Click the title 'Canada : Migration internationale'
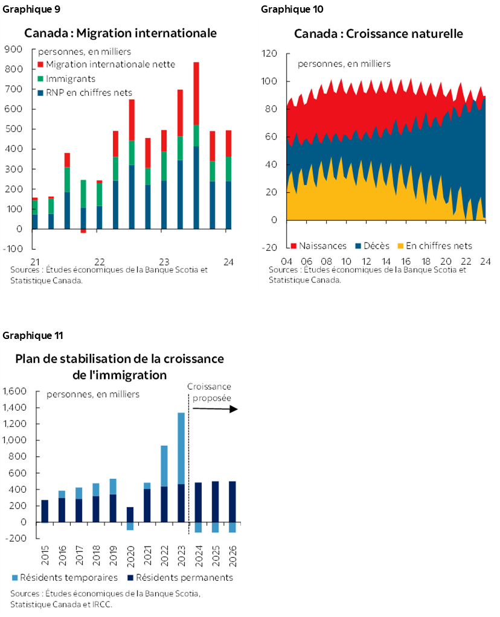pyautogui.click(x=120, y=33)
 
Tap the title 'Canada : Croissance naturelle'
pyautogui.click(x=379, y=33)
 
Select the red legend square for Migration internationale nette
pyautogui.click(x=40, y=65)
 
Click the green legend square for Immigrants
pyautogui.click(x=40, y=78)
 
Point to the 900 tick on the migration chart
pyautogui.click(x=13, y=49)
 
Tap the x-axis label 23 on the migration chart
pyautogui.click(x=164, y=262)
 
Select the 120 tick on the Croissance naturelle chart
pyautogui.click(x=269, y=54)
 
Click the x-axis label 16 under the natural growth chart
pyautogui.click(x=406, y=262)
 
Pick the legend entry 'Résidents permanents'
pyautogui.click(x=184, y=577)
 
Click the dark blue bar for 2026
pyautogui.click(x=232, y=502)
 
